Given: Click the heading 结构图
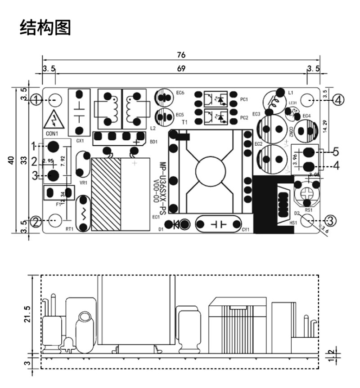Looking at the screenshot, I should [45, 27].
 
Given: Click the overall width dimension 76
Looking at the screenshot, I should [181, 55].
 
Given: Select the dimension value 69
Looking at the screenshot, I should [181, 69].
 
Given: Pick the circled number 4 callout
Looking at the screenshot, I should [338, 99].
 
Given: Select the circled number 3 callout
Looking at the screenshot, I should [330, 220].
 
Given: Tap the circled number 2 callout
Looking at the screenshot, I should [36, 221].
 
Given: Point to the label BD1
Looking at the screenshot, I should [153, 142].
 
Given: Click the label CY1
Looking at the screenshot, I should [245, 230].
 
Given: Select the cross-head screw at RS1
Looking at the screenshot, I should [306, 194].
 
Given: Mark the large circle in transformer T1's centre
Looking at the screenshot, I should [210, 170].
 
